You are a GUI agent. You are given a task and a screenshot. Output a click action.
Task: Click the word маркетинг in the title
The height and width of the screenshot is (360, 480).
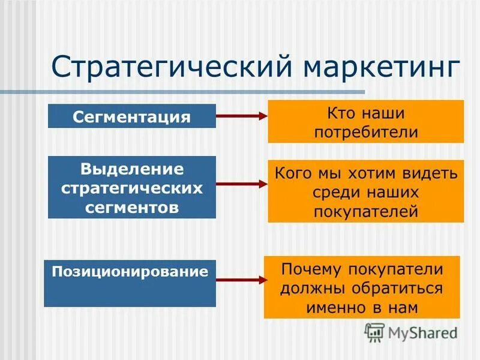tap(383, 67)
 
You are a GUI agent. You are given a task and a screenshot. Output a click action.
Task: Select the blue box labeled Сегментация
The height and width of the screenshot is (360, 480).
tap(131, 116)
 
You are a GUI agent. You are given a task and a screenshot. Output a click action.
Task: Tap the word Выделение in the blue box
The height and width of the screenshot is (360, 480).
tap(132, 169)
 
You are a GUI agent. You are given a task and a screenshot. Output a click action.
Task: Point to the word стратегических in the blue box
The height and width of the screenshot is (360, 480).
tap(132, 188)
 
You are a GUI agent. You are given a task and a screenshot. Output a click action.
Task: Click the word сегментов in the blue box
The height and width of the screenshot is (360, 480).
tap(132, 208)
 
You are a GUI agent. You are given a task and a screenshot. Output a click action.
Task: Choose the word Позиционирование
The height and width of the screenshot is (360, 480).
tap(130, 272)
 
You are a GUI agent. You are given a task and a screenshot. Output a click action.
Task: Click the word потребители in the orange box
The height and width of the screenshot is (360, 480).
tap(365, 132)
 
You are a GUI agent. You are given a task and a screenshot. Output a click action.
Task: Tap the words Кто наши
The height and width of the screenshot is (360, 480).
tap(365, 112)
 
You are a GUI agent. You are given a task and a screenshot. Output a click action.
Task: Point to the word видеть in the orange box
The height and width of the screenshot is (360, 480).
tap(430, 173)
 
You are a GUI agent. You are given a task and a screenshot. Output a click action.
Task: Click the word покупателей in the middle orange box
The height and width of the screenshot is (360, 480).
tap(365, 211)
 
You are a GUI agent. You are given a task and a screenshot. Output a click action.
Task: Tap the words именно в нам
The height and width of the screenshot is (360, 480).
tap(362, 307)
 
